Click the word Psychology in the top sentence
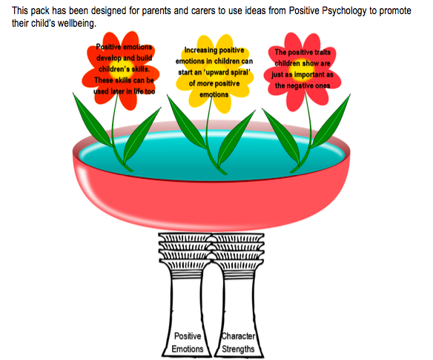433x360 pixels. point(344,11)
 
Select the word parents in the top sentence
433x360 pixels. point(156,11)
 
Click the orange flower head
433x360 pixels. point(121,71)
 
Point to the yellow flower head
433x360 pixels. point(215,73)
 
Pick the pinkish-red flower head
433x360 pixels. point(303,71)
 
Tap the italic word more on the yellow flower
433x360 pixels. point(205,83)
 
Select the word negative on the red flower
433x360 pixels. point(301,85)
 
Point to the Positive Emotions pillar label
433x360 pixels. point(188,342)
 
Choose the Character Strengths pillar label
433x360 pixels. point(238,342)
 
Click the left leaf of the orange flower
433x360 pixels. point(93,120)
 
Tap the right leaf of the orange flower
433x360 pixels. point(142,134)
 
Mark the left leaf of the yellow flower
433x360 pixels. point(186,121)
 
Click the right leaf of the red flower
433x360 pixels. point(331,120)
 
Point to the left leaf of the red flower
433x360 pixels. point(281,137)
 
